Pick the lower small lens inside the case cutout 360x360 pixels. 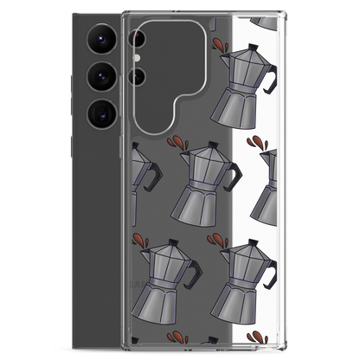(135, 75)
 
